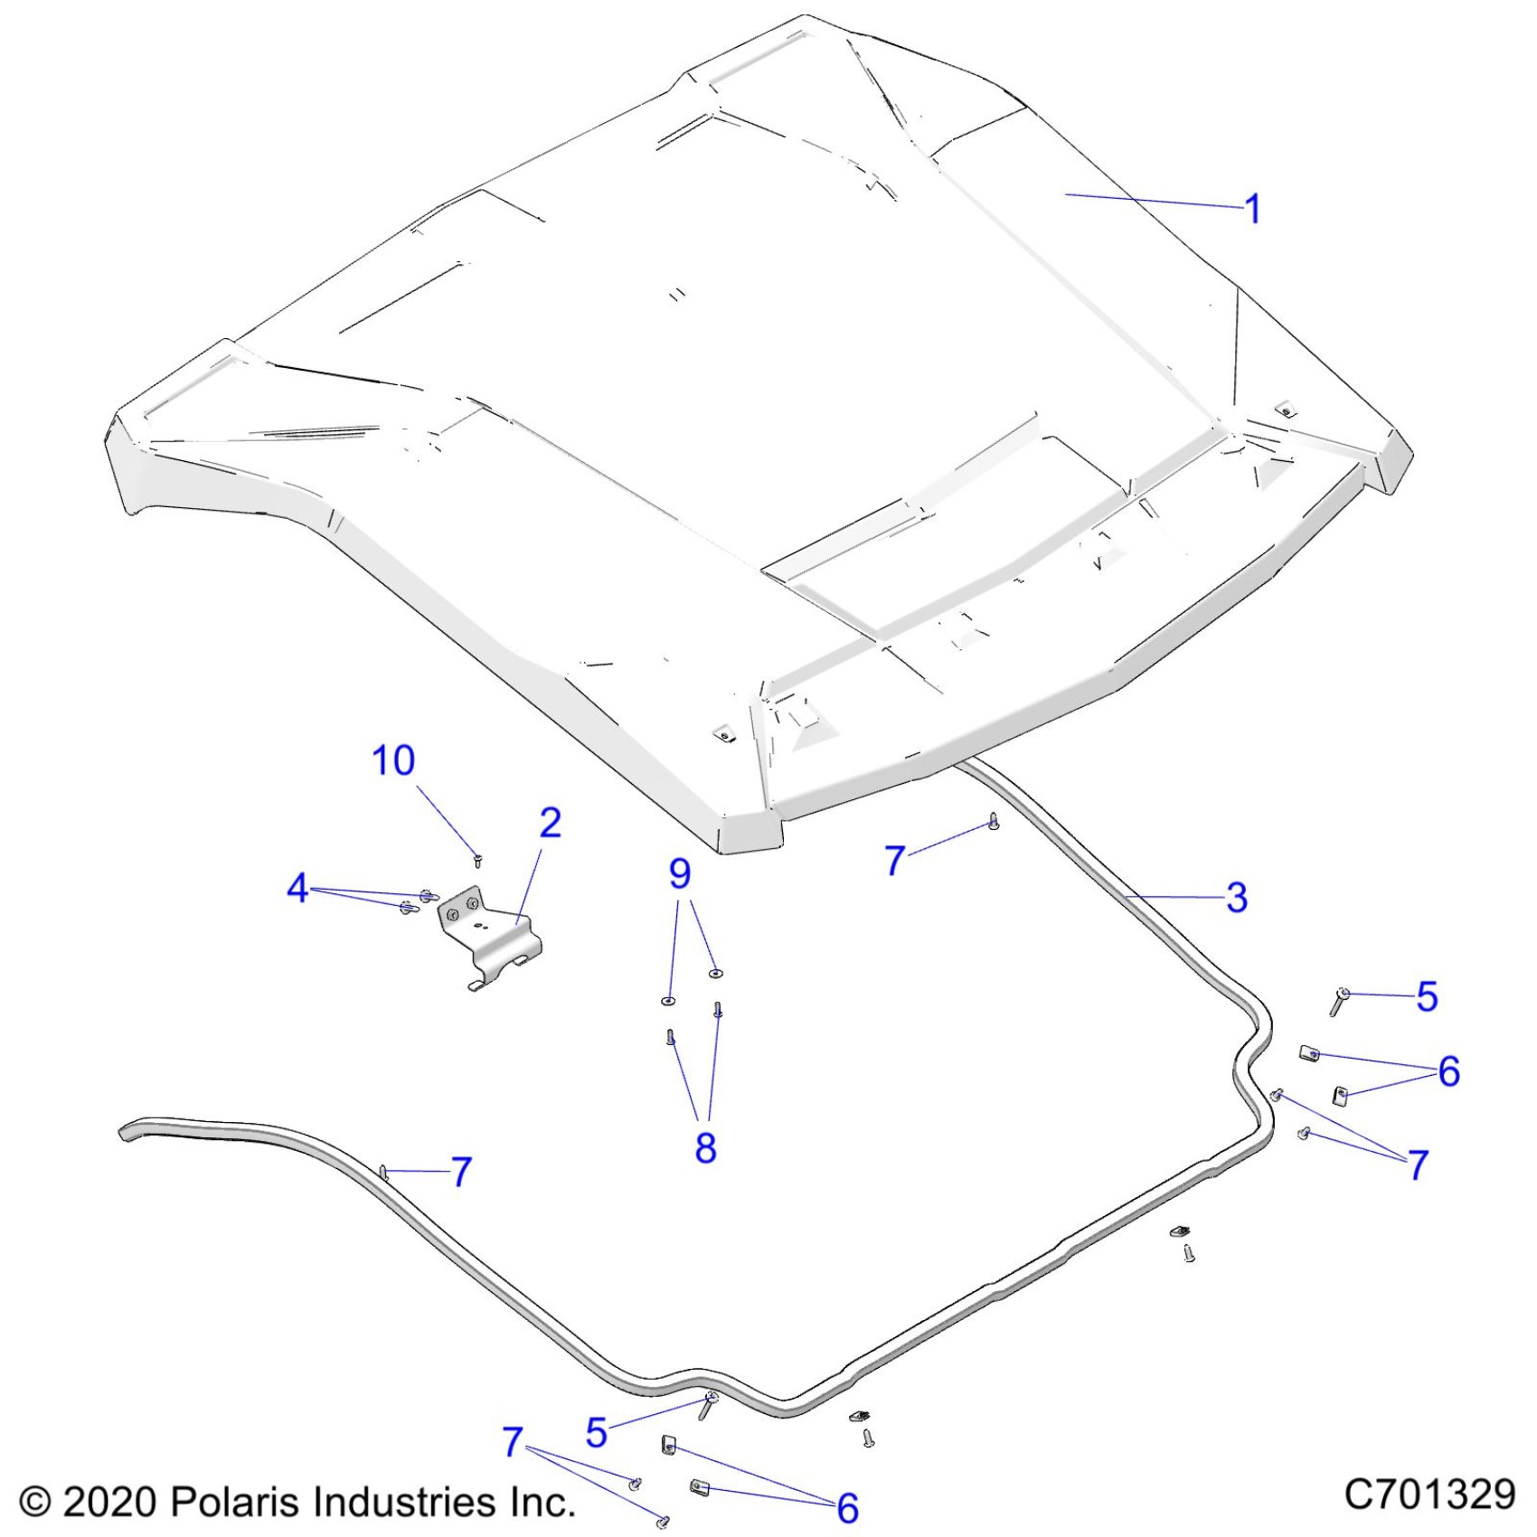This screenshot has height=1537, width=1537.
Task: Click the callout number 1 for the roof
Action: coord(1252,209)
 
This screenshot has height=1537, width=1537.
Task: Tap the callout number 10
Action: coord(393,760)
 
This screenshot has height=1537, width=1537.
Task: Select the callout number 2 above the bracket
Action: coord(550,823)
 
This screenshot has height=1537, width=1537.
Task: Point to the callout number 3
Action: coord(1237,898)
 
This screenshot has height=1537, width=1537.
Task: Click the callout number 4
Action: coord(297,888)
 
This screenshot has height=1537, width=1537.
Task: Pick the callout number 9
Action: coord(680,873)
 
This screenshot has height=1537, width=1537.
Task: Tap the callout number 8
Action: coord(705,1147)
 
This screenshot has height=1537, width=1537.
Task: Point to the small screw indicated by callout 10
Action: coord(477,858)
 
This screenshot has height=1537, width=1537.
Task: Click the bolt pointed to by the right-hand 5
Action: coord(1339,1001)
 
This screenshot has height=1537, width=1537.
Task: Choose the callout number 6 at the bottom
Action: coord(847,1507)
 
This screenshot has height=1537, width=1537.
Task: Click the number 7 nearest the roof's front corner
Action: coord(894,860)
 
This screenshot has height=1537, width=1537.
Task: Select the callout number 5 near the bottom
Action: coord(596,1432)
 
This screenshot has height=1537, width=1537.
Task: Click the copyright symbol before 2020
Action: coord(34,1502)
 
